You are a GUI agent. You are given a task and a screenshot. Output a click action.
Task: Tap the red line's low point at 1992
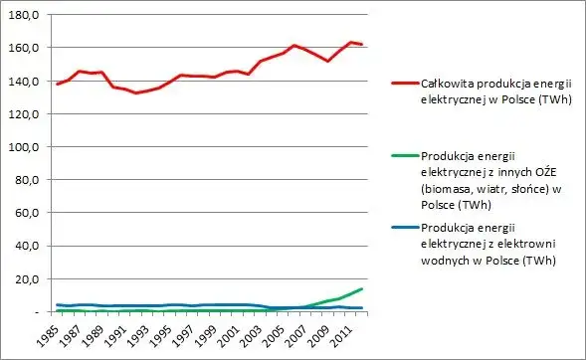click(136, 92)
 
